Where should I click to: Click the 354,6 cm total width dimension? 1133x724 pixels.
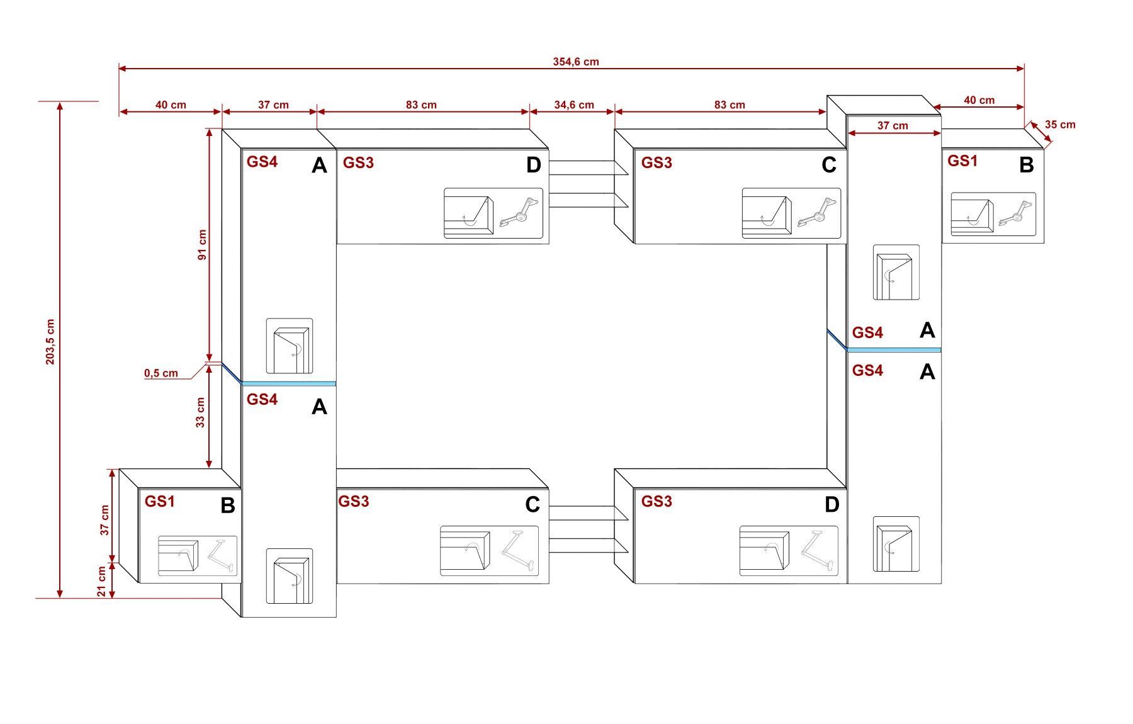[576, 62]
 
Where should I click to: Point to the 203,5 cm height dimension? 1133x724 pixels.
[50, 341]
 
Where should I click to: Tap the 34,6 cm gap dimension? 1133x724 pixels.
[573, 105]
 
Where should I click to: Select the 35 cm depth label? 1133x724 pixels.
[1060, 124]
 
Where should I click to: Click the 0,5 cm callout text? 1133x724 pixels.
[161, 373]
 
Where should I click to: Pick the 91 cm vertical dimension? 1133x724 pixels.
[202, 245]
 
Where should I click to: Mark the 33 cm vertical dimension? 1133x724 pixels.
[200, 412]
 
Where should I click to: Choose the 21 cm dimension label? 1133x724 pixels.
[102, 582]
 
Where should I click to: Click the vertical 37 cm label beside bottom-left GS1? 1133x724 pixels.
[104, 520]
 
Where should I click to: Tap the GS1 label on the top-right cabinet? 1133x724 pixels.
[962, 161]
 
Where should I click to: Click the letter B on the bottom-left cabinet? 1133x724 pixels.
[228, 506]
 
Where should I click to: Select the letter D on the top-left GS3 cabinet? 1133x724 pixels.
[533, 165]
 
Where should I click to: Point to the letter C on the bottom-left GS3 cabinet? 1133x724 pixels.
[533, 504]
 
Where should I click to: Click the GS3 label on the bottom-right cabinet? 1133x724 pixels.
[657, 501]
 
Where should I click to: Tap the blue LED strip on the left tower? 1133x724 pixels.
[289, 383]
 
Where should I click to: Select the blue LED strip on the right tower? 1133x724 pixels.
[894, 349]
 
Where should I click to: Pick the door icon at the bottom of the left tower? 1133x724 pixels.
[290, 576]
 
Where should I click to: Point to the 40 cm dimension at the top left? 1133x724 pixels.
[171, 105]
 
